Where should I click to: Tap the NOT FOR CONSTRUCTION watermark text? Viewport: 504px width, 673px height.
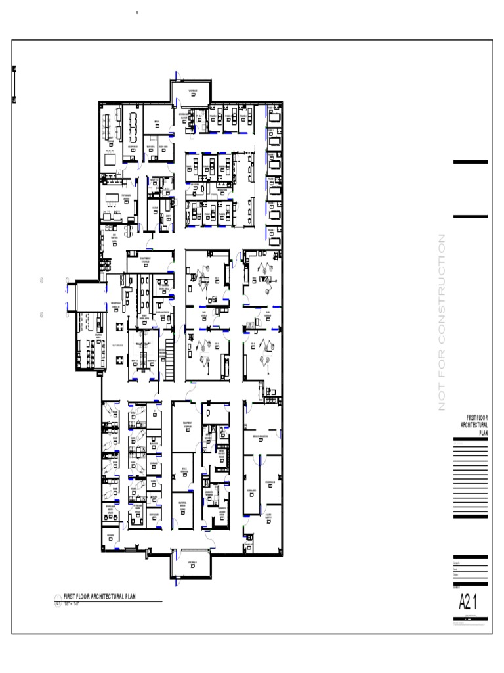[442, 322]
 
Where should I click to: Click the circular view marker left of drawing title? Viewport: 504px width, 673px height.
[57, 599]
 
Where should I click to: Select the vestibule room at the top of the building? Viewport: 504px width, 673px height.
[192, 91]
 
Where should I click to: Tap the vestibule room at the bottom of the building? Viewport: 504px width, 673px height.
[192, 565]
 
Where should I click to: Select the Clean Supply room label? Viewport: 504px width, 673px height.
[269, 515]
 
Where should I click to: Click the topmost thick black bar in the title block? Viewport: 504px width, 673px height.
[470, 162]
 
